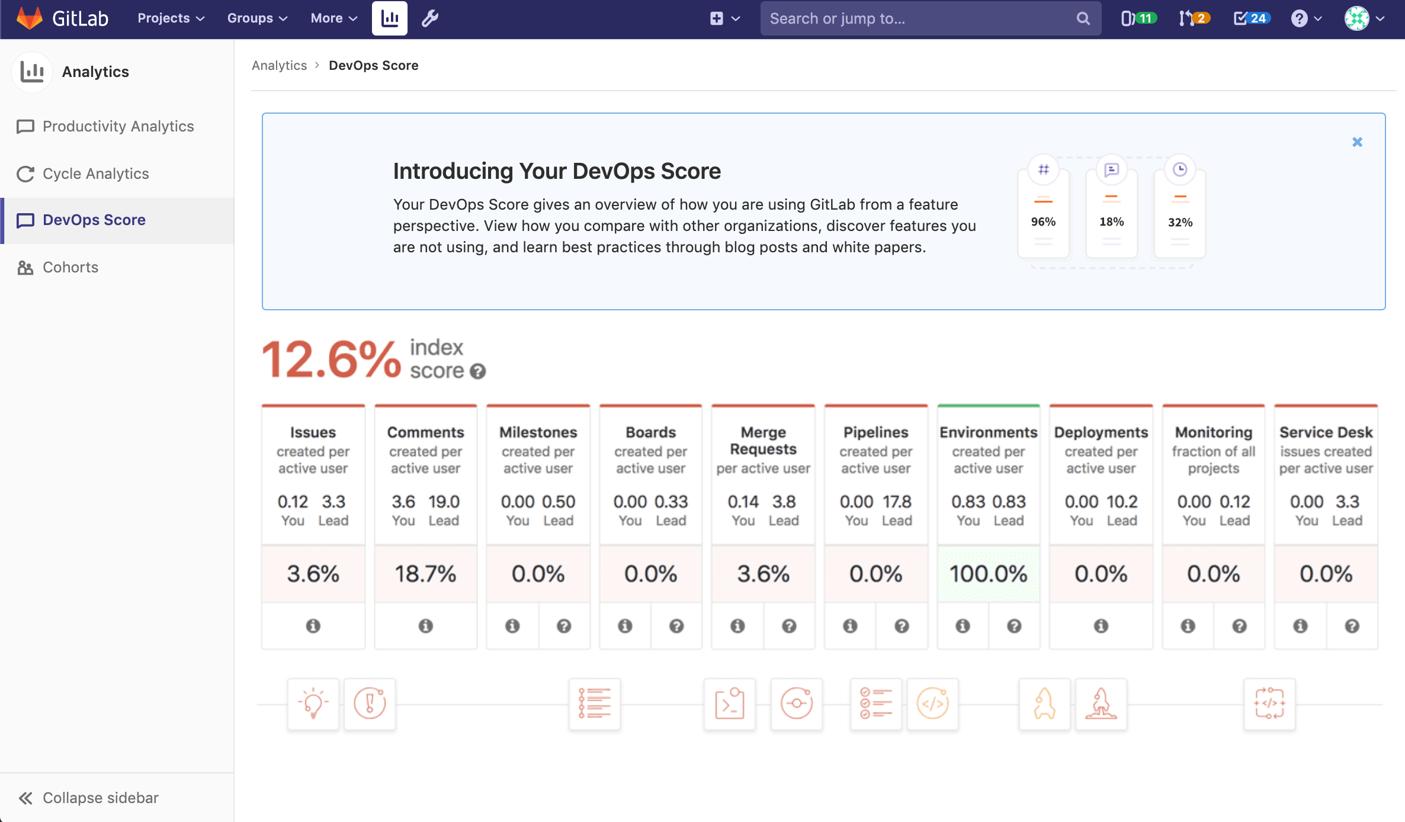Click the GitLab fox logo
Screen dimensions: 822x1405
[30, 18]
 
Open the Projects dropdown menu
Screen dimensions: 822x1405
[171, 18]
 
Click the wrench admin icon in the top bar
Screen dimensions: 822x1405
[430, 18]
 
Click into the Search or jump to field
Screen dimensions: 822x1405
[918, 18]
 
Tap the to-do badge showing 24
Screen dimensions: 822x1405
[1251, 18]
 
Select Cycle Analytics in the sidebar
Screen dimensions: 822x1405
[95, 174]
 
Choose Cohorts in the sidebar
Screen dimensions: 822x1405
[70, 267]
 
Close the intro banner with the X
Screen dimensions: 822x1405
[1357, 142]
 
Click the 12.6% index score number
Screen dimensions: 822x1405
[331, 359]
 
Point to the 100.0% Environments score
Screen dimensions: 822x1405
[988, 573]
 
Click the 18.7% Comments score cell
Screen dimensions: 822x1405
[425, 573]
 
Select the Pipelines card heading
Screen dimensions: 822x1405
[875, 432]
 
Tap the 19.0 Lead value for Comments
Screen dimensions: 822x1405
[444, 502]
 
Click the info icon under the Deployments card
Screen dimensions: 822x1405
[1101, 626]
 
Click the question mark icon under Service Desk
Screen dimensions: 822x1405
[1352, 626]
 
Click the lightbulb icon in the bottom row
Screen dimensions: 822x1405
[313, 704]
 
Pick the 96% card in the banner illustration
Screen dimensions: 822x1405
[1043, 213]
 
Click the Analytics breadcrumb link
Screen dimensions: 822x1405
[279, 65]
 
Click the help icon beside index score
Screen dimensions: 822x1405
[477, 371]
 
